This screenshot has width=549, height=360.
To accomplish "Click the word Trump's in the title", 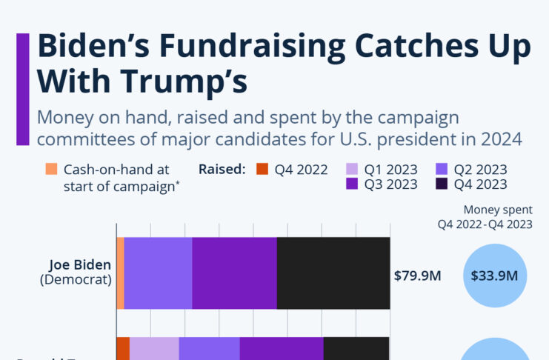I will (x=189, y=81).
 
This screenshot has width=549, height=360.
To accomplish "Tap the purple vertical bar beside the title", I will (x=23, y=89).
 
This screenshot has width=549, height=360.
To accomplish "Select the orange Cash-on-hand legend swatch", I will (x=51, y=169).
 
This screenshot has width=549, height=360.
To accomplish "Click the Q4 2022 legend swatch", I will (x=262, y=169).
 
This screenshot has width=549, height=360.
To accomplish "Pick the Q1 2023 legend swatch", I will (x=352, y=169).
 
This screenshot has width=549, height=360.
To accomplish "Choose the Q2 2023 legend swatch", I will (x=442, y=169).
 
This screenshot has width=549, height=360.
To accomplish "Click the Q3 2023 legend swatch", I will (x=352, y=184).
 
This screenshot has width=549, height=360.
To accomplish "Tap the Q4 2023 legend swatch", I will (x=442, y=184).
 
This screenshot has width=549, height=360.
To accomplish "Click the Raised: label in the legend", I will (x=222, y=169).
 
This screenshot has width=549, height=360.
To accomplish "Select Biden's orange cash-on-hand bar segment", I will (x=120, y=273).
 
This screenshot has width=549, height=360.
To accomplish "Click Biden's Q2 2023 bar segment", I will (x=158, y=273).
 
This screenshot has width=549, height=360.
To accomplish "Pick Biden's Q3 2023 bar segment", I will (x=234, y=273).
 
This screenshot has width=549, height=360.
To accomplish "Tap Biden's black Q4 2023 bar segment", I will (x=333, y=273).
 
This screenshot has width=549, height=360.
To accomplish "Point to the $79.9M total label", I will (x=417, y=276).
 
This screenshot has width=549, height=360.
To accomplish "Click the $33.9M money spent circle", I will (x=494, y=276).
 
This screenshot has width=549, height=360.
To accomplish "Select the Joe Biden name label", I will (x=80, y=264).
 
